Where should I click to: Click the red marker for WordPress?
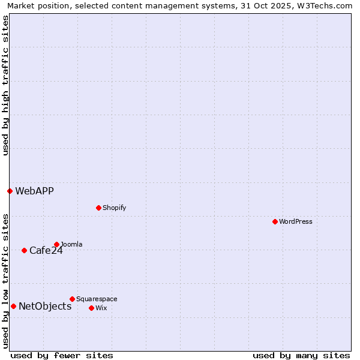[x=275, y=221]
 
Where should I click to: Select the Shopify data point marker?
[x=98, y=208]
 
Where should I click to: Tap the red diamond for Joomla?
[x=56, y=244]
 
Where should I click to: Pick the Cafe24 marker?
[x=24, y=250]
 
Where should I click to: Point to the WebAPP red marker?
[x=10, y=191]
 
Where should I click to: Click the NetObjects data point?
[x=13, y=306]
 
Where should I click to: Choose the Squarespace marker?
[x=72, y=299]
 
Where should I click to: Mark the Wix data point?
[x=91, y=308]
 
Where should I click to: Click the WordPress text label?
[x=296, y=221]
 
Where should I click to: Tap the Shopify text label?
[x=114, y=208]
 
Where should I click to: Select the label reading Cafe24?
[x=46, y=250]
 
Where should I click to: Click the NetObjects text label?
[x=45, y=306]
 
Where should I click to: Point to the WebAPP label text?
[x=34, y=191]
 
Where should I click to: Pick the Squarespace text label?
[x=97, y=299]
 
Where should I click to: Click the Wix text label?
[x=101, y=308]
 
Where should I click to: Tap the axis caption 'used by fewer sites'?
[x=62, y=355]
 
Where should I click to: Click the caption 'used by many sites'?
[x=301, y=355]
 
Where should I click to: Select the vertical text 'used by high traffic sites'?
[x=5, y=85]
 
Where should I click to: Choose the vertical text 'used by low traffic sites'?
[x=5, y=280]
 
